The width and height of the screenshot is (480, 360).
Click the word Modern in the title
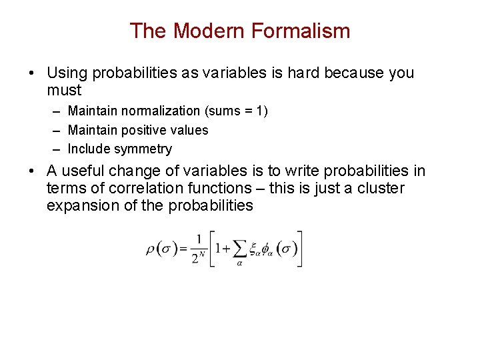197,31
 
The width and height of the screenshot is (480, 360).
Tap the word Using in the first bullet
67,73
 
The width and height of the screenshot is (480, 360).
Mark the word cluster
381,189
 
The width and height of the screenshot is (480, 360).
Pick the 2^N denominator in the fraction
198,258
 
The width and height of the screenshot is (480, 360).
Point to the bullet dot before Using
33,73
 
